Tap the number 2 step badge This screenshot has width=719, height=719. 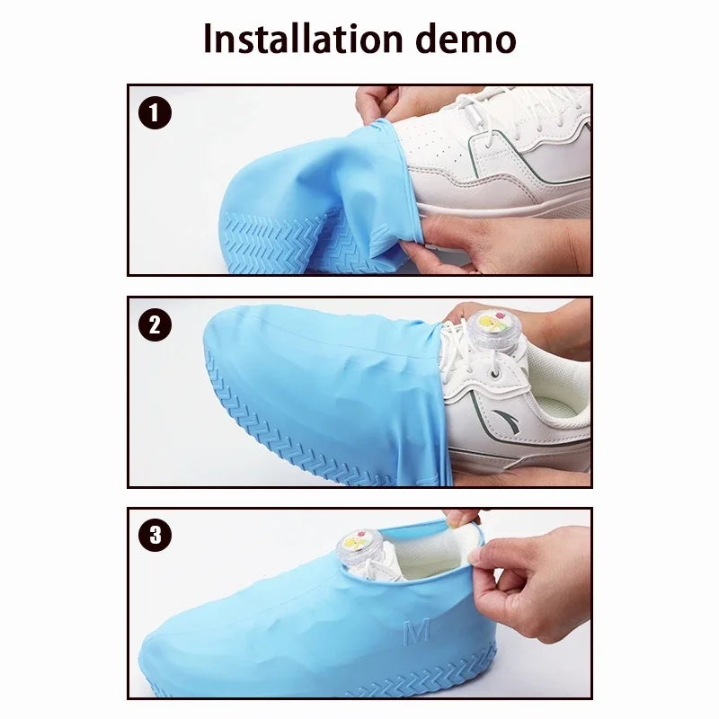(155, 324)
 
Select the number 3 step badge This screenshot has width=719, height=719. (155, 537)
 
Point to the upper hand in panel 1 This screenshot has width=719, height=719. (395, 101)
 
